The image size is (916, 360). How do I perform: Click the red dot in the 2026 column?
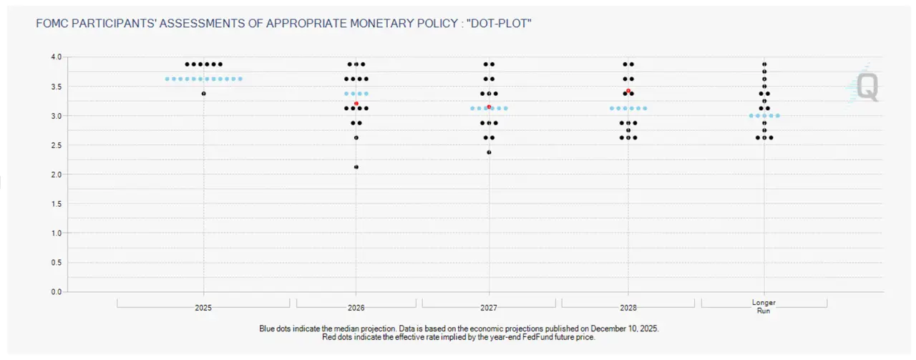coord(356,104)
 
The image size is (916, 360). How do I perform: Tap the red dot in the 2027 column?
coord(489,107)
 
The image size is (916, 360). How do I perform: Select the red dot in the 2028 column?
coord(628,91)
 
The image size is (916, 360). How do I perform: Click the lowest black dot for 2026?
coord(356,167)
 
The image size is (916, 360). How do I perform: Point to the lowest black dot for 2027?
coord(489,152)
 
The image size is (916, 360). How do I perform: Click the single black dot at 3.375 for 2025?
coord(204,94)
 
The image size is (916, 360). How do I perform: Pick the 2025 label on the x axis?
coord(203,307)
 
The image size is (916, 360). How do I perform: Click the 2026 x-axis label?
coord(356,307)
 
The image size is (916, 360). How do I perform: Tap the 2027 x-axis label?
coord(489,307)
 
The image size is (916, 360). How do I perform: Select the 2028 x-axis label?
coord(628,307)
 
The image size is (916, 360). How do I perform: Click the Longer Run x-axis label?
coord(764,306)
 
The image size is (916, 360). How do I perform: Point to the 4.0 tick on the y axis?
coord(57,57)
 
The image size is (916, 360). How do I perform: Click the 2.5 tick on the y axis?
coord(57,145)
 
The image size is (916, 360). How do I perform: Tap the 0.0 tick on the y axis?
coord(57,292)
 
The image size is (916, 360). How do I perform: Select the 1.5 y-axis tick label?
coord(57,204)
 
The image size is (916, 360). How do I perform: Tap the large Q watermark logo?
coord(867,88)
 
